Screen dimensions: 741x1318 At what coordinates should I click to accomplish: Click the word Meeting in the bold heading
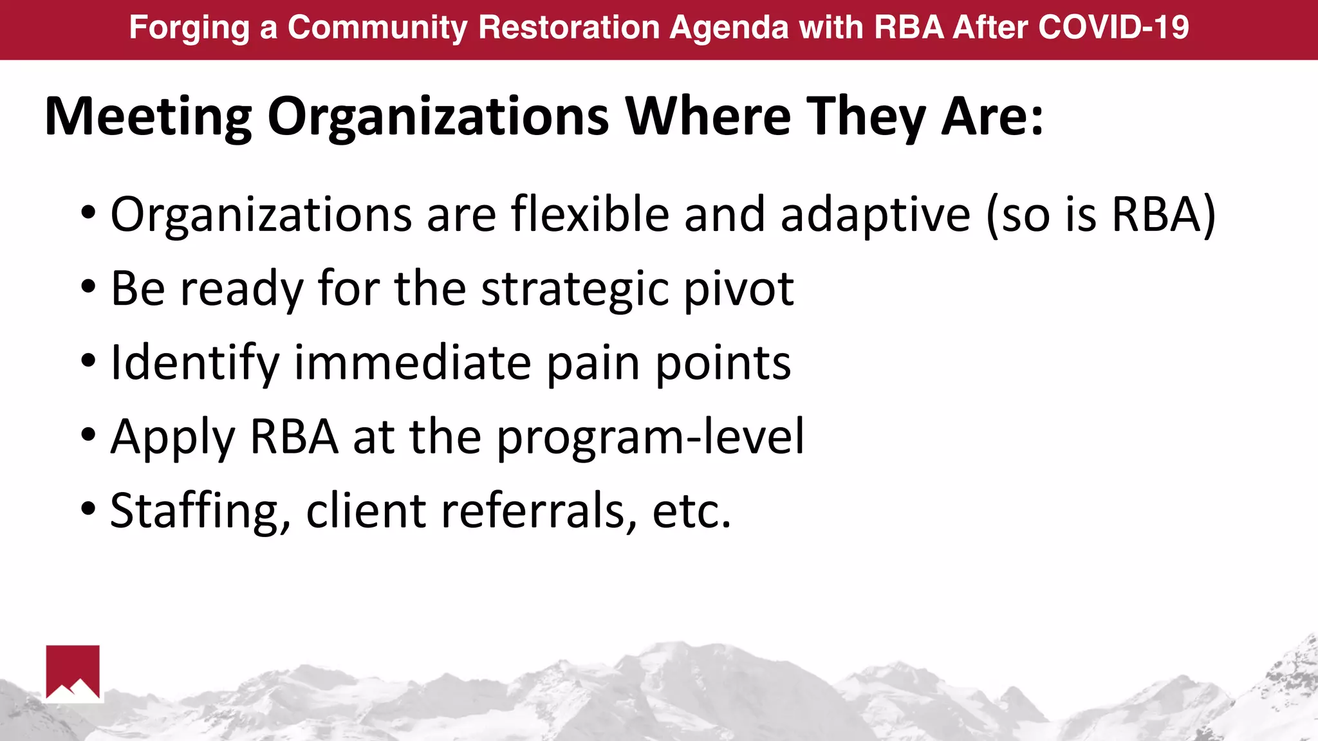click(x=148, y=116)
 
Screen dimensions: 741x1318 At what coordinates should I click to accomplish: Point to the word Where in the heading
click(x=709, y=116)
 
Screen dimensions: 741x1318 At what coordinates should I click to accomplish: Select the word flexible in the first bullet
click(x=589, y=214)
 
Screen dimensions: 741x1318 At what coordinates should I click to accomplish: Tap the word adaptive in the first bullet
click(x=875, y=215)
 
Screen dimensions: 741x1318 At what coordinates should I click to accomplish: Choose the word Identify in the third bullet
click(x=195, y=363)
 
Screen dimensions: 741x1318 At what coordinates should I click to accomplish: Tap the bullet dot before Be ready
click(x=89, y=287)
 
